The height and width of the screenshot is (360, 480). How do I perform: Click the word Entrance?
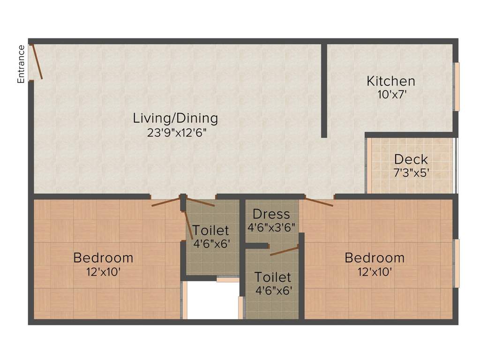[21, 64]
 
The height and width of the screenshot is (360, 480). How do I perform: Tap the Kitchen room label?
[390, 81]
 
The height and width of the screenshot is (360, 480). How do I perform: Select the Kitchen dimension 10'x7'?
[391, 94]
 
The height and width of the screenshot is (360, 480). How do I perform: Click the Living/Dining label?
[175, 118]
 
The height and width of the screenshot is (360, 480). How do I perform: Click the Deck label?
[410, 159]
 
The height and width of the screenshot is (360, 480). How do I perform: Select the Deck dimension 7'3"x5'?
[411, 172]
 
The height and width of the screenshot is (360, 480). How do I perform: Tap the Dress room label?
[271, 215]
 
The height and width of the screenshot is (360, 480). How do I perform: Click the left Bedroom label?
[103, 257]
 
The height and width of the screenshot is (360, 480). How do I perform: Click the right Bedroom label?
[375, 257]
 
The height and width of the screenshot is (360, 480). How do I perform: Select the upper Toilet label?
[211, 230]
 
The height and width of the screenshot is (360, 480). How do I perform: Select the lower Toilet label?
[273, 277]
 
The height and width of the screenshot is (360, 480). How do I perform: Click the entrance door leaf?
[37, 62]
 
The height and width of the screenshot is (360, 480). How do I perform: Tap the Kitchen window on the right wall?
[457, 87]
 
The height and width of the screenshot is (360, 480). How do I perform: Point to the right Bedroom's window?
[457, 263]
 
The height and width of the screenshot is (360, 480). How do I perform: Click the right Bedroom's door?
[319, 202]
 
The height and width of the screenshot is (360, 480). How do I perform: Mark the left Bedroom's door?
[166, 202]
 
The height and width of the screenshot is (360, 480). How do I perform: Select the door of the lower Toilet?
[284, 250]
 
